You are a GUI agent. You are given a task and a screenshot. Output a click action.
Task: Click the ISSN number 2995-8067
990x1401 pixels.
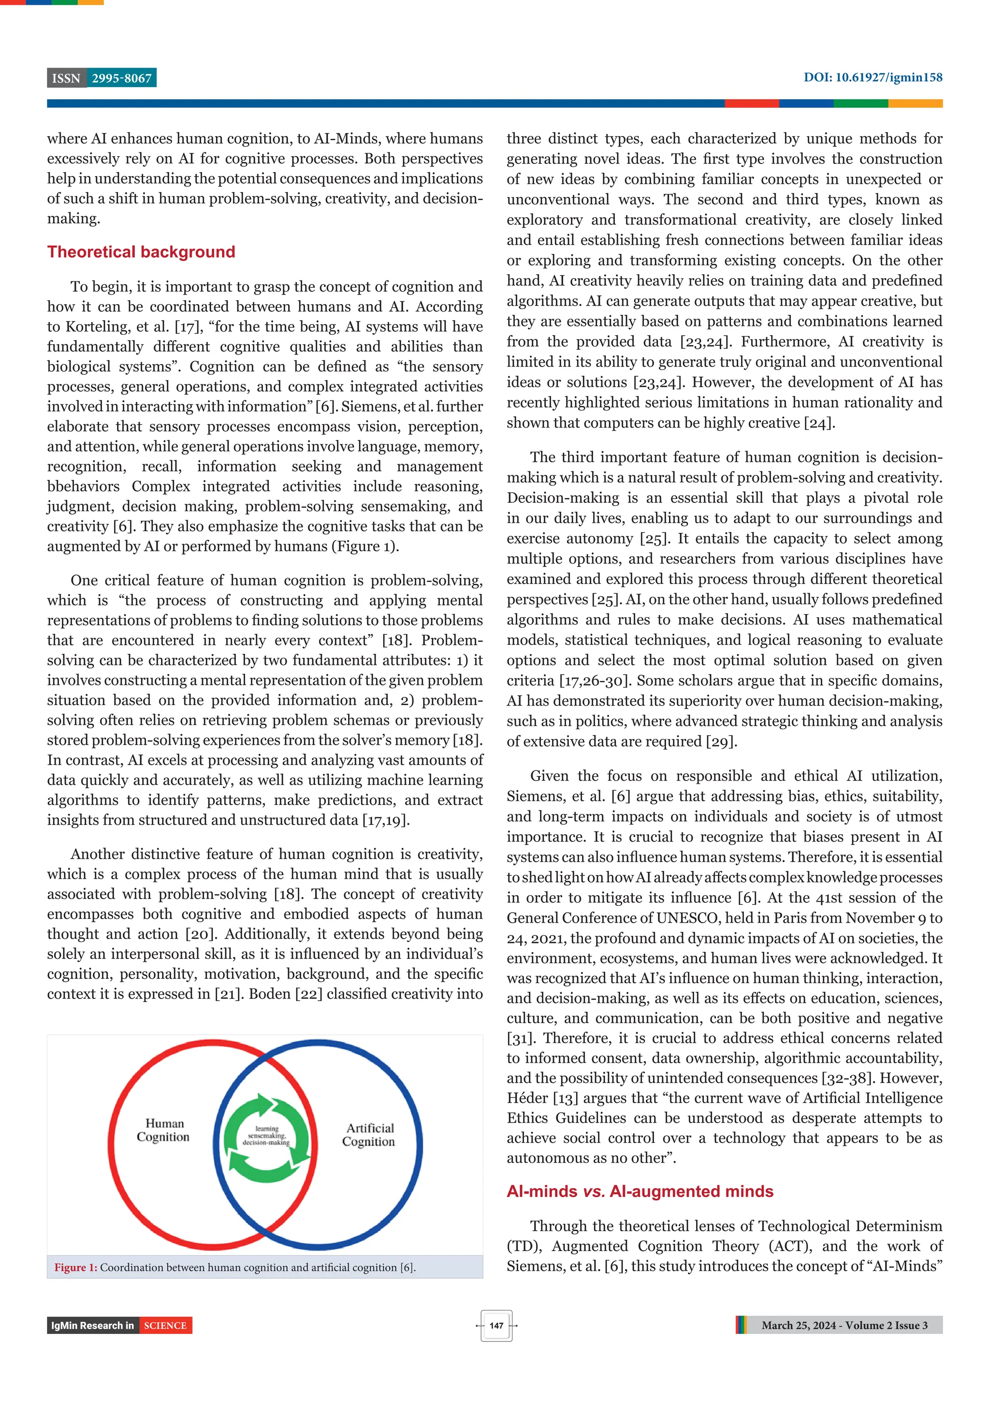click(x=121, y=78)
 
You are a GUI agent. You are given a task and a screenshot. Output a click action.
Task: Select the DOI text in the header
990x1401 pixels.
click(x=872, y=77)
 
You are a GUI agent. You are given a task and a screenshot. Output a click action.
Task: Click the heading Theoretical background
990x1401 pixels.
click(x=141, y=252)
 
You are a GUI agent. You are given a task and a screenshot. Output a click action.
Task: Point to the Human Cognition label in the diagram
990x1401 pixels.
click(x=163, y=1130)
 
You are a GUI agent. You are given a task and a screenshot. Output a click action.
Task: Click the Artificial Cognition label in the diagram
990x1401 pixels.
click(x=369, y=1135)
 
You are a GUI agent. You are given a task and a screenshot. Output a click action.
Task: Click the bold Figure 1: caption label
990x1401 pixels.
click(x=75, y=1268)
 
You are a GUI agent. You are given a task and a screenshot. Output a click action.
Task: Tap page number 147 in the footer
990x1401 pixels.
click(x=496, y=1326)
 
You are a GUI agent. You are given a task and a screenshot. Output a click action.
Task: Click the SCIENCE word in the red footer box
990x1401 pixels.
click(x=165, y=1326)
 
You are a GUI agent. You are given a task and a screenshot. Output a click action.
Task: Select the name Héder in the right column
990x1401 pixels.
click(x=528, y=1098)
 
